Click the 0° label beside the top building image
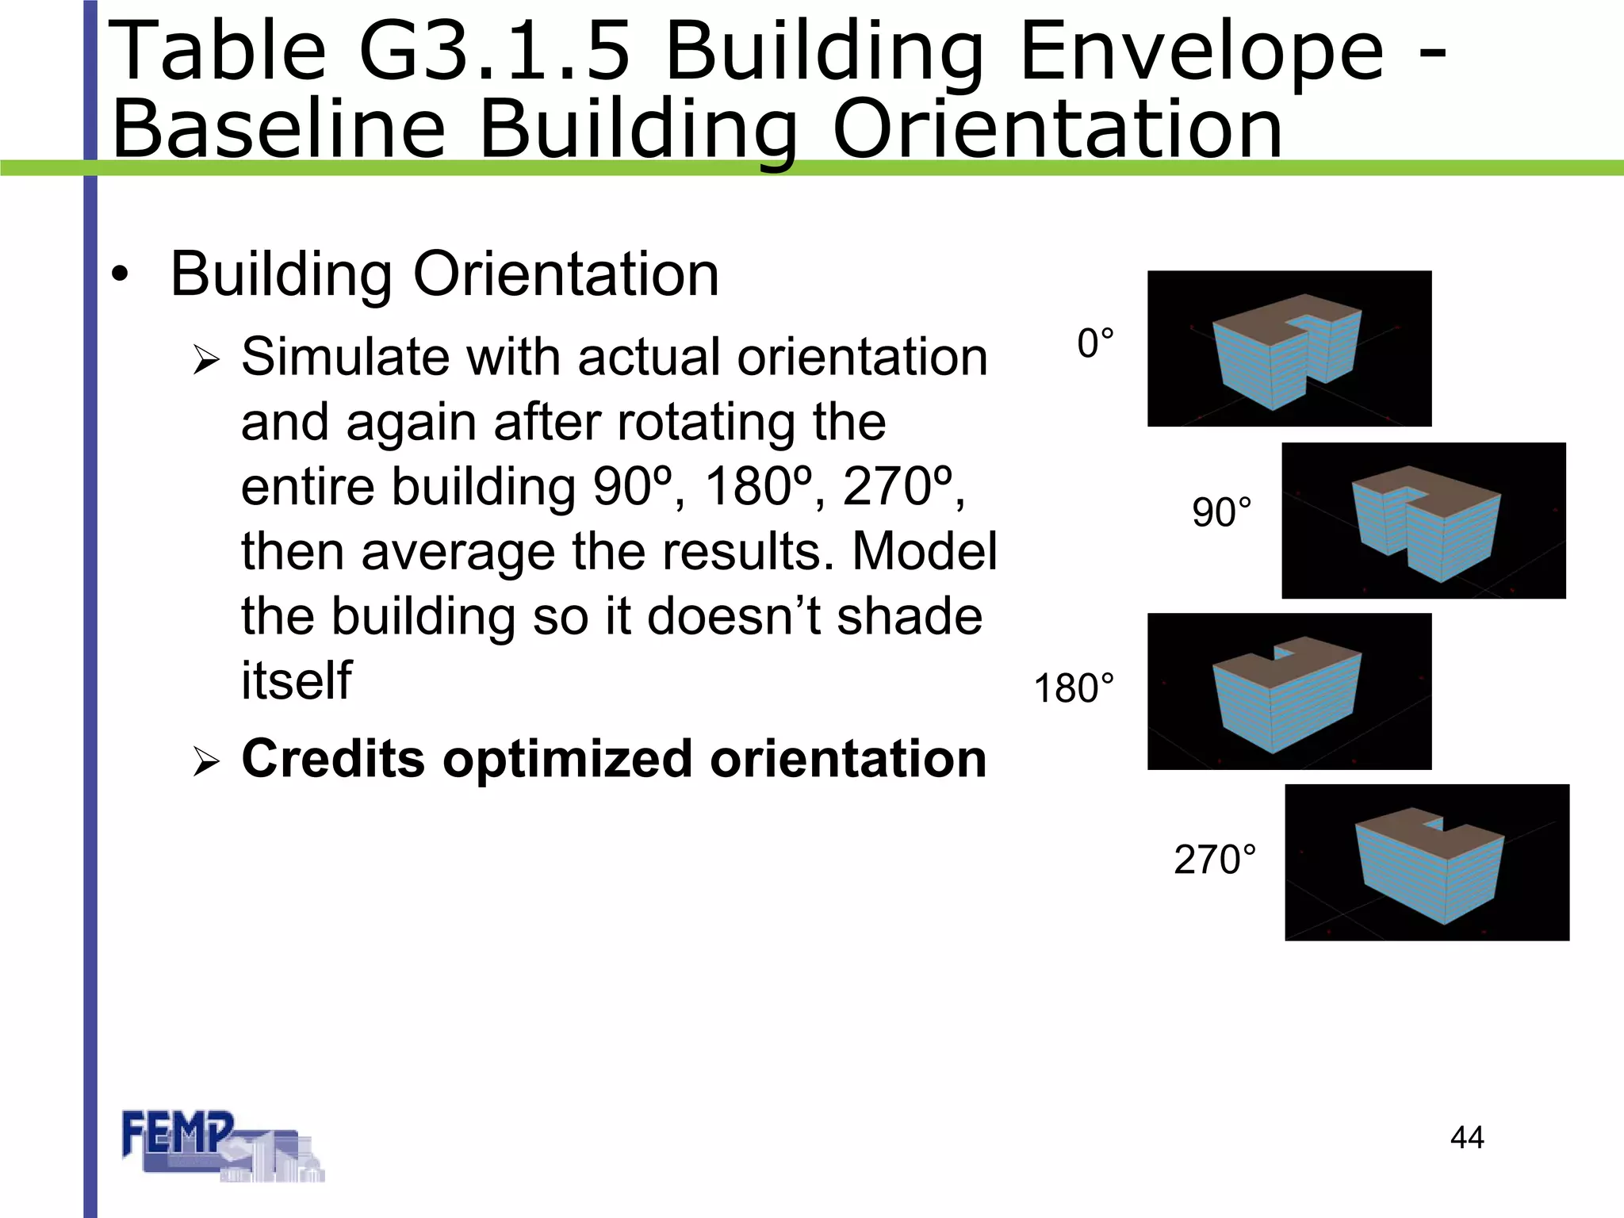(1095, 344)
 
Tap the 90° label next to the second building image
(1222, 512)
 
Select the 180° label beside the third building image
(1074, 688)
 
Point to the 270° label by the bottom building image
(1215, 860)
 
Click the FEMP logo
(221, 1146)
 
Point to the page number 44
(1467, 1137)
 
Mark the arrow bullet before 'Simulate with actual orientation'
(206, 361)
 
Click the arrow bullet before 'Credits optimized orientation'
(206, 763)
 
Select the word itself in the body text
(296, 680)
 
